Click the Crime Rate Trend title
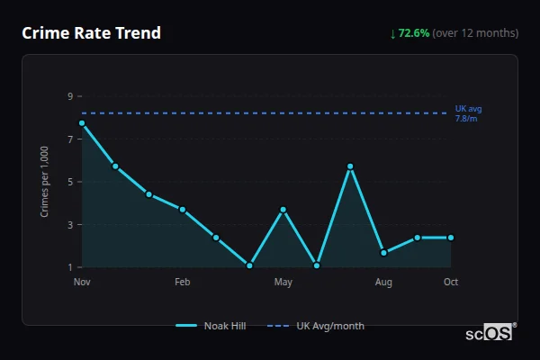(x=91, y=33)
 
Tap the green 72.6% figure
(x=414, y=33)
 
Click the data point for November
(x=82, y=123)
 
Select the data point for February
(x=183, y=210)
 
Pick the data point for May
(x=283, y=210)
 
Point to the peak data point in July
(x=350, y=166)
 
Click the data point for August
(x=383, y=253)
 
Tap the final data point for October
(x=451, y=238)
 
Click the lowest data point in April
(x=249, y=265)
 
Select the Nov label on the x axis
(x=82, y=283)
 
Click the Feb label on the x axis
(x=183, y=283)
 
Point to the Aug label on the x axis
(x=383, y=283)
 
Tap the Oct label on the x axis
(x=451, y=283)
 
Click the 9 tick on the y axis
(x=69, y=96)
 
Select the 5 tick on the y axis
(x=69, y=182)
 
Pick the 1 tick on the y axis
(x=69, y=267)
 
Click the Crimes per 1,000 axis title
(x=45, y=182)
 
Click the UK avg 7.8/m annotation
(x=468, y=113)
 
